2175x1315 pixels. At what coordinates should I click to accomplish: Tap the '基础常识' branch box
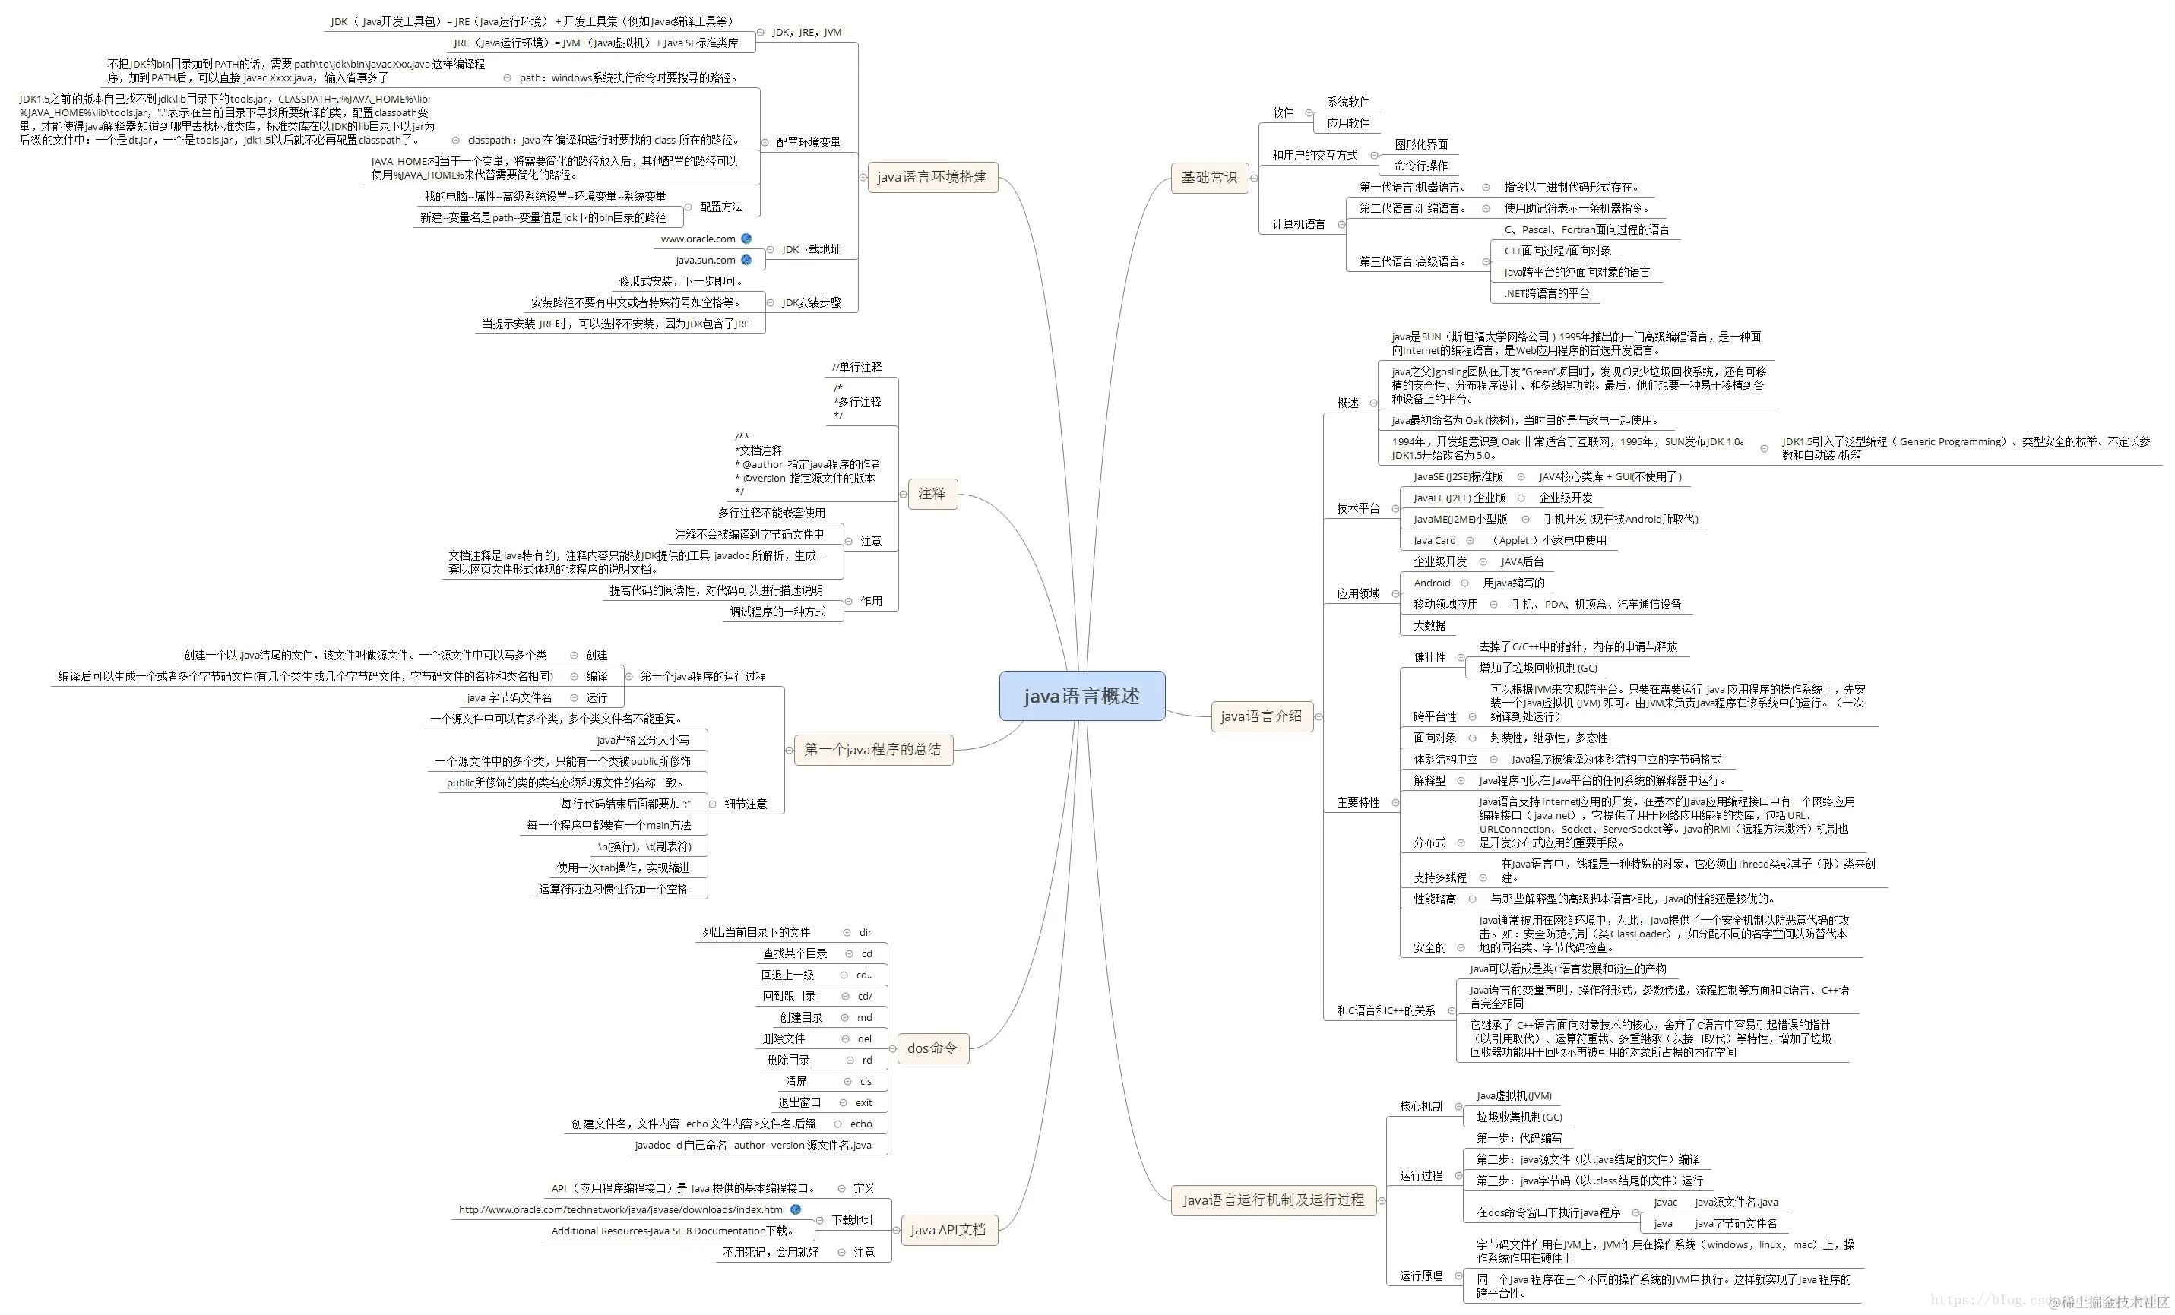tap(1208, 178)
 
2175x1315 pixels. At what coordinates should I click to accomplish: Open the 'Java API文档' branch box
tap(947, 1229)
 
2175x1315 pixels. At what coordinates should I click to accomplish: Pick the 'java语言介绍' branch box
tap(1261, 716)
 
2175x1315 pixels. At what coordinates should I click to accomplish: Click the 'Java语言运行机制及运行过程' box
tap(1273, 1200)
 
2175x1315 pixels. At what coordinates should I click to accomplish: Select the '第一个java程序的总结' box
tap(872, 749)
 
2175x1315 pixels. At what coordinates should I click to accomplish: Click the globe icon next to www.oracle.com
tap(746, 239)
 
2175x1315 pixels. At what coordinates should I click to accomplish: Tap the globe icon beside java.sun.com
tap(746, 260)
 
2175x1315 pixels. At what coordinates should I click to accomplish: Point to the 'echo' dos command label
tap(860, 1124)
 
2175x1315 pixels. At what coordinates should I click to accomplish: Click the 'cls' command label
tap(865, 1081)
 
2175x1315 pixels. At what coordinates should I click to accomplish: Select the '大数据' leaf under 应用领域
tap(1429, 625)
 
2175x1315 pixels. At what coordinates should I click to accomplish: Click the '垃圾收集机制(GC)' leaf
tap(1519, 1117)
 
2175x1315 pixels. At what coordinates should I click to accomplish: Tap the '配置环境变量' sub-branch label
tap(808, 142)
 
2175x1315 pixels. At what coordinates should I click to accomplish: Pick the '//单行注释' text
tap(856, 367)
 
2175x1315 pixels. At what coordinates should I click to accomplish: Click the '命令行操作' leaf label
tap(1420, 165)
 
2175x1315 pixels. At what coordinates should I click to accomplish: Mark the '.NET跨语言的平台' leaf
tap(1547, 293)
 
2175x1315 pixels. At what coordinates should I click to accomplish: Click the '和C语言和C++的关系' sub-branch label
tap(1386, 1010)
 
